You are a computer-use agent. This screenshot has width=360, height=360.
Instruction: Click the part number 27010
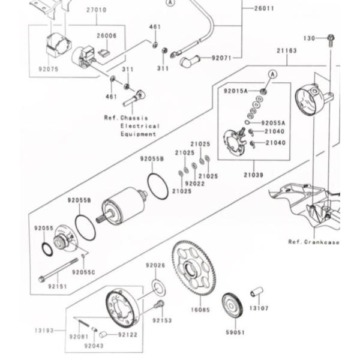(96, 10)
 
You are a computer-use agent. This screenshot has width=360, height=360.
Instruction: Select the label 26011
(264, 9)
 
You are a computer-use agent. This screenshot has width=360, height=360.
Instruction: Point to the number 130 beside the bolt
(309, 38)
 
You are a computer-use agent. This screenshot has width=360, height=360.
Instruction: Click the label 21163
(287, 51)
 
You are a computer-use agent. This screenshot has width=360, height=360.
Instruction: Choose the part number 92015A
(236, 91)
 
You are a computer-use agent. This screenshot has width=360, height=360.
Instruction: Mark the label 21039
(253, 175)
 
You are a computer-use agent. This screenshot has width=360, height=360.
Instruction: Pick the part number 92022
(194, 184)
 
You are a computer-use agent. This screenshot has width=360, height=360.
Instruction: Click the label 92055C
(83, 272)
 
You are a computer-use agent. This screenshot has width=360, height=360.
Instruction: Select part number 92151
(58, 287)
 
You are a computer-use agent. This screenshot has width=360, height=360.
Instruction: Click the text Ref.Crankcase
(313, 242)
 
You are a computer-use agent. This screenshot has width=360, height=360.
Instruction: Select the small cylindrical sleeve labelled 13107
(257, 293)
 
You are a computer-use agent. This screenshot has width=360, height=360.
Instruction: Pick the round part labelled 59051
(232, 305)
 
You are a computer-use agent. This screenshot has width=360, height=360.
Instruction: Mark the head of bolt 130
(331, 38)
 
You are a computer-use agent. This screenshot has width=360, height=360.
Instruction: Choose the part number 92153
(162, 320)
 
